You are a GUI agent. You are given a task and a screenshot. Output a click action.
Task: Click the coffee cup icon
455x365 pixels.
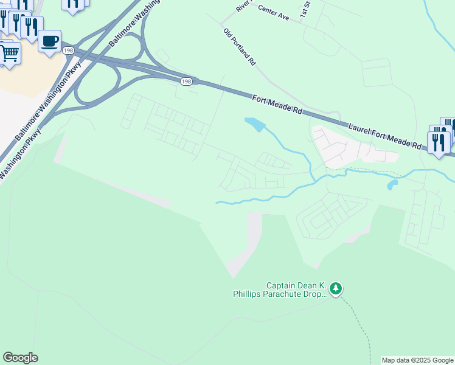pyautogui.click(x=50, y=41)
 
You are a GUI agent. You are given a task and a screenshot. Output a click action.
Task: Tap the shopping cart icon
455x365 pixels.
pyautogui.click(x=9, y=54)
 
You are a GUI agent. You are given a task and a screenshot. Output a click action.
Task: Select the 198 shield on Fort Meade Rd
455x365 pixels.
pyautogui.click(x=186, y=81)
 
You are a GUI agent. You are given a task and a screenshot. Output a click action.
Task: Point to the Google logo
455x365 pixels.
pyautogui.click(x=20, y=358)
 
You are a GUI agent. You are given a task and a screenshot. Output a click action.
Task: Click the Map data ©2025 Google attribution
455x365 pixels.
pyautogui.click(x=417, y=360)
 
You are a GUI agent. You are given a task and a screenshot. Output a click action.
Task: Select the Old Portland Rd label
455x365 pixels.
pyautogui.click(x=240, y=47)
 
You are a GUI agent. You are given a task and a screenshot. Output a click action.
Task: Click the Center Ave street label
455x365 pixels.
pyautogui.click(x=273, y=12)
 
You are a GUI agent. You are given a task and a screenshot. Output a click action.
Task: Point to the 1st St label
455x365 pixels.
pyautogui.click(x=305, y=9)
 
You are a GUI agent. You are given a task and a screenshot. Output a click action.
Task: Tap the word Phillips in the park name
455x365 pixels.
pyautogui.click(x=249, y=294)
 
